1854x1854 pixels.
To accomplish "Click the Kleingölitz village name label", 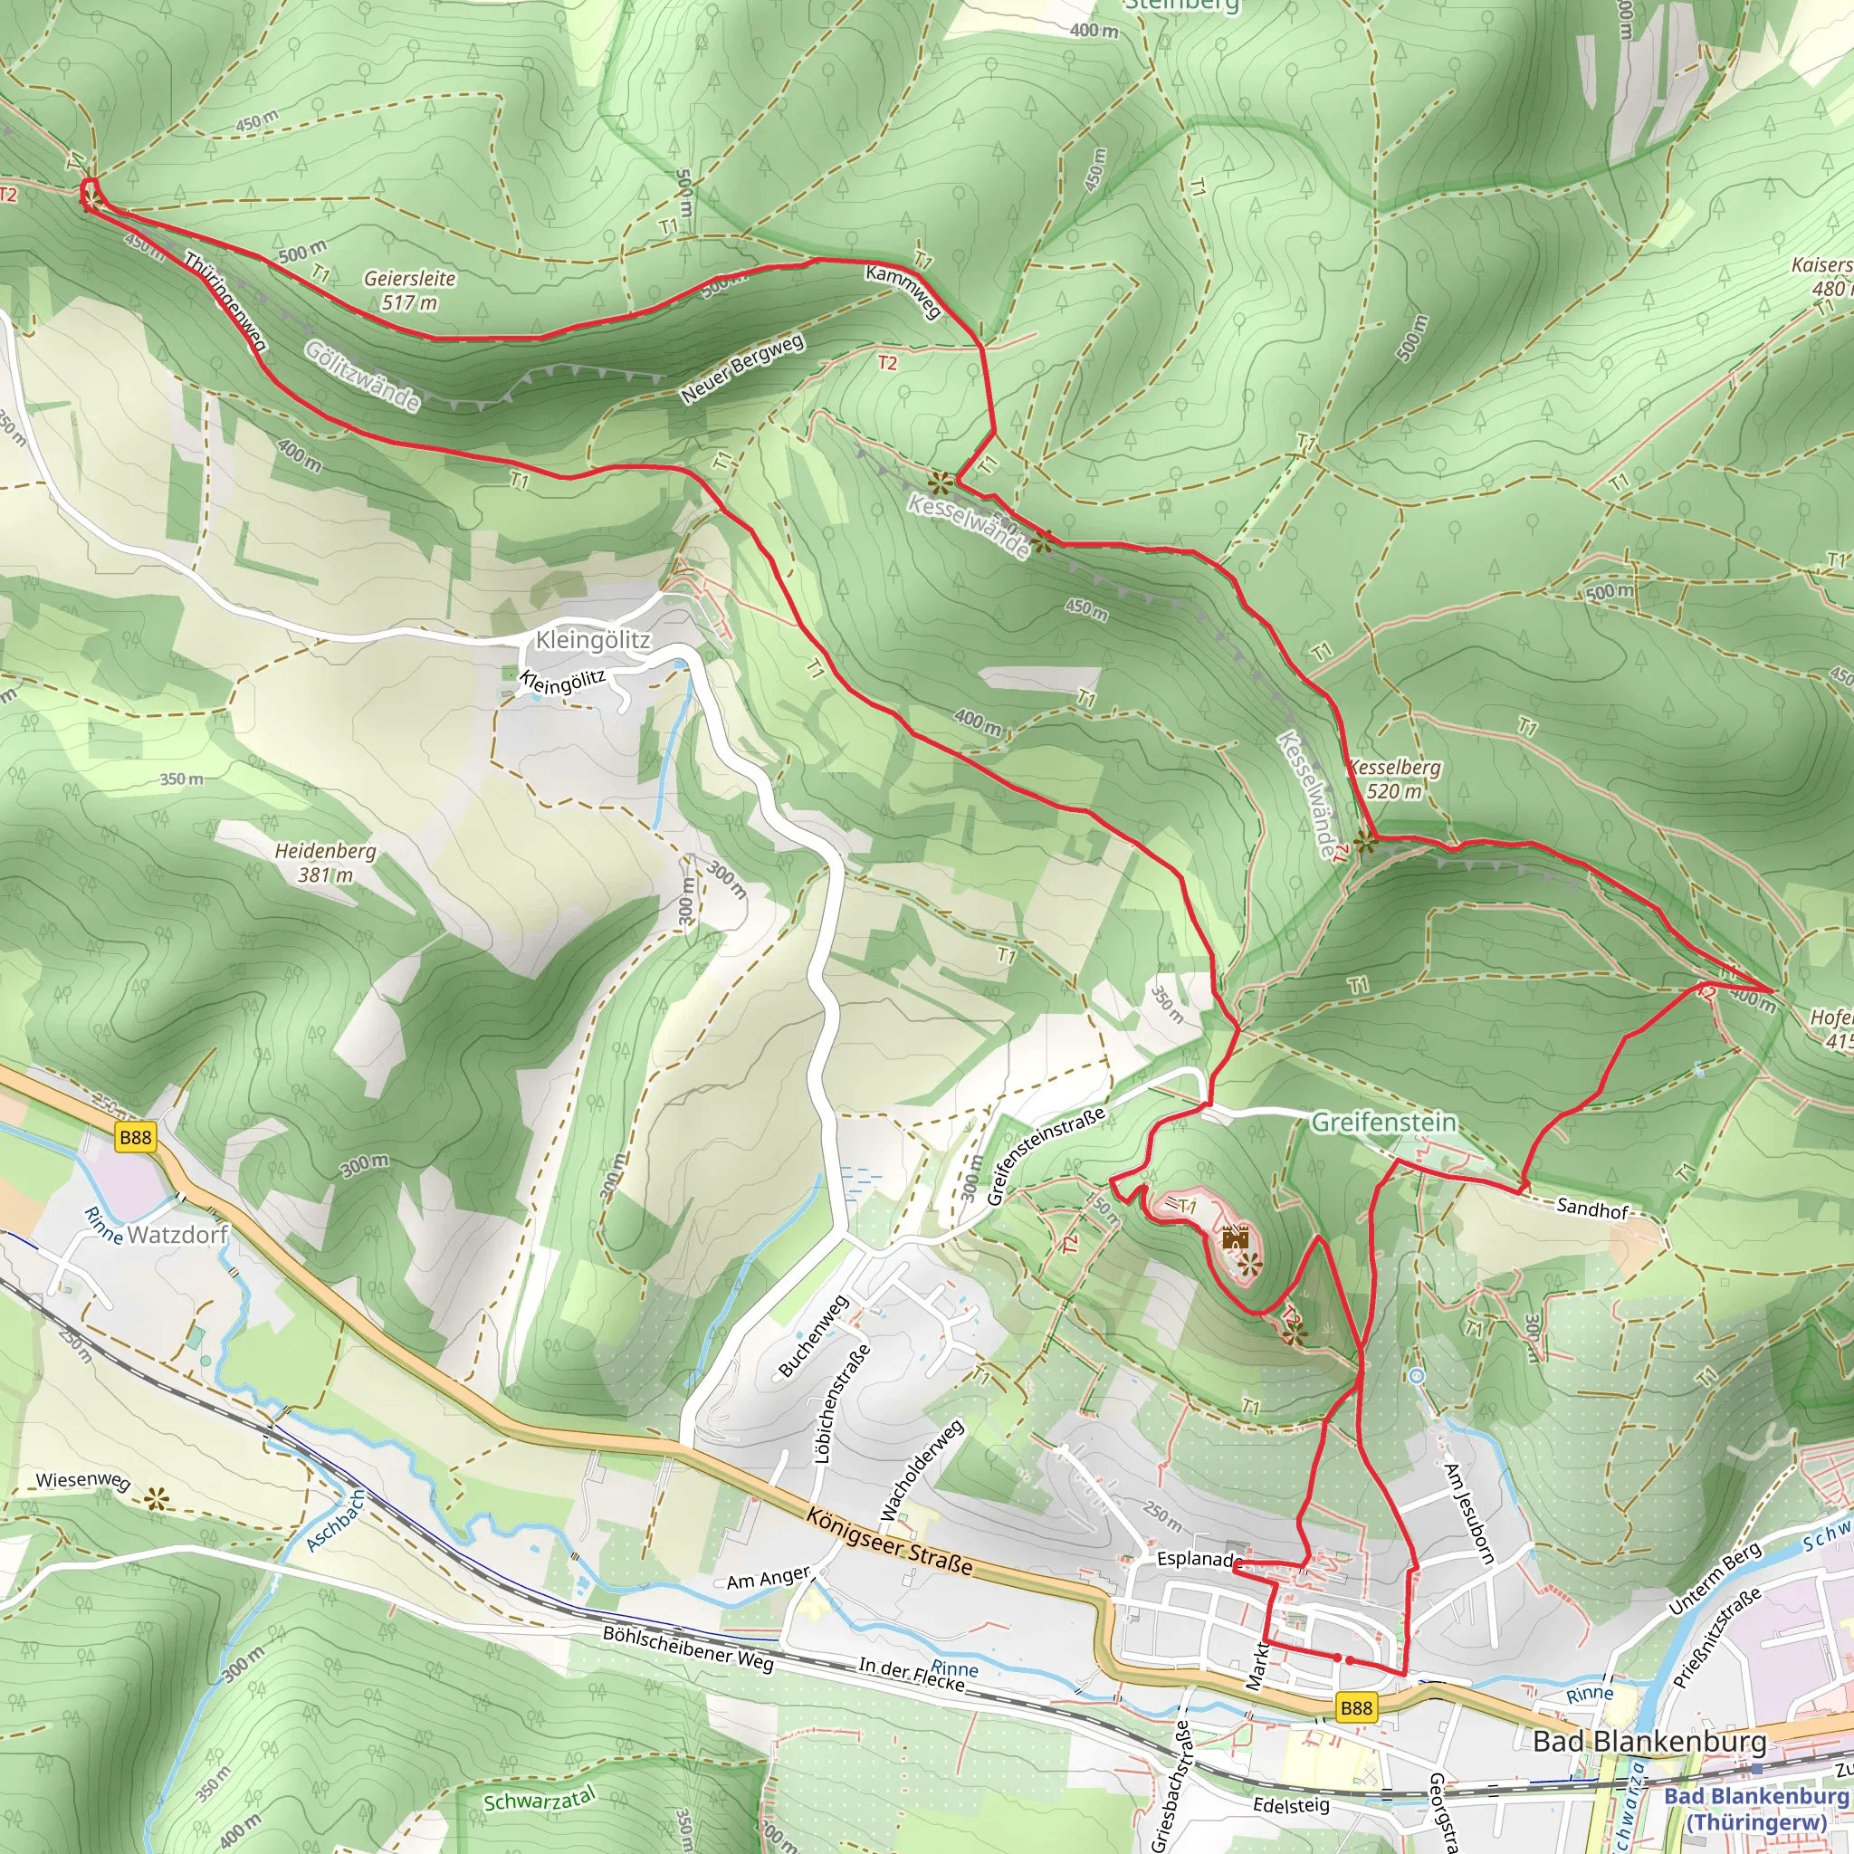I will [x=592, y=640].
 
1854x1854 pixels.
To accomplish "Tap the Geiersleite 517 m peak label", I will [x=410, y=290].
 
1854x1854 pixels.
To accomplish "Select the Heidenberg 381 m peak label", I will [x=325, y=863].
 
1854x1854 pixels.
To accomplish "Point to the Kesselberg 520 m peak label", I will [x=1394, y=779].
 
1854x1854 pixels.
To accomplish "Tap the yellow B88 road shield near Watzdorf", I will [x=134, y=1137].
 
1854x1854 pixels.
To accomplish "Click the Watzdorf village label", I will [x=177, y=1234].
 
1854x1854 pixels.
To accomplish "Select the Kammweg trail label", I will [x=903, y=291].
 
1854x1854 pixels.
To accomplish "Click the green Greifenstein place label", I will [x=1383, y=1122].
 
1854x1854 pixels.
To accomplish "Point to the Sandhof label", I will [x=1592, y=1209].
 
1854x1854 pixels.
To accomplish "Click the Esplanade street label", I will [x=1195, y=1559].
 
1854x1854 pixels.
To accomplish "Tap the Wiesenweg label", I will [x=82, y=1480].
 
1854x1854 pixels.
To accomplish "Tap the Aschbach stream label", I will [x=335, y=1521].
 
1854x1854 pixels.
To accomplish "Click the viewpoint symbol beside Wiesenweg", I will [x=157, y=1497].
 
